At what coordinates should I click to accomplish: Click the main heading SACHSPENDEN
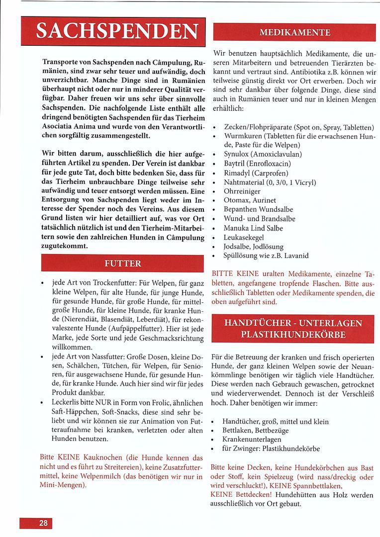113,33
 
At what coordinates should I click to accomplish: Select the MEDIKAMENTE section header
294,33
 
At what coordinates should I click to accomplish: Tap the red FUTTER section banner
122,264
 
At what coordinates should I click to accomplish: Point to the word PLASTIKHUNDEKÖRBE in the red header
293,335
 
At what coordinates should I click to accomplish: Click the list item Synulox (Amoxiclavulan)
263,154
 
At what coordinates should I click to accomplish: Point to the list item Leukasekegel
244,237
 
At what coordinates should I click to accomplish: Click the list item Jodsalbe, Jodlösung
253,247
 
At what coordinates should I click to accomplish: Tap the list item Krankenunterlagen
252,439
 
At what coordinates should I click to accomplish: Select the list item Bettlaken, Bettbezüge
255,430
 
